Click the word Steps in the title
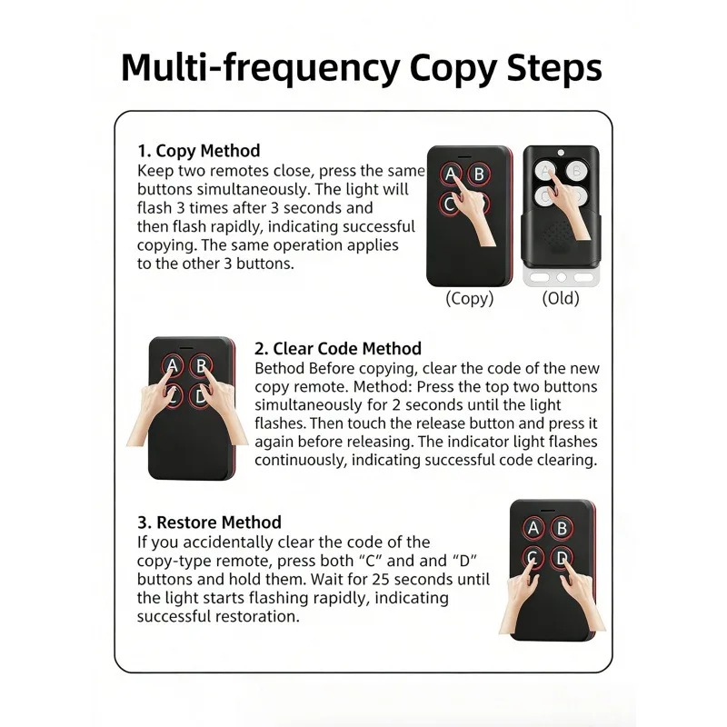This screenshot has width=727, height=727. tap(554, 69)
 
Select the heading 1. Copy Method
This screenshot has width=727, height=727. tap(198, 151)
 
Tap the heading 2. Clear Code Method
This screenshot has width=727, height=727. tap(338, 349)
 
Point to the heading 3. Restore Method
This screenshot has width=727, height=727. tap(209, 523)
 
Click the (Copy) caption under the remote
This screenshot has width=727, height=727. tap(470, 298)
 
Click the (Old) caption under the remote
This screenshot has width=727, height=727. tap(561, 298)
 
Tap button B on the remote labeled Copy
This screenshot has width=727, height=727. tap(479, 174)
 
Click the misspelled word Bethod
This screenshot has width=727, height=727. tap(280, 369)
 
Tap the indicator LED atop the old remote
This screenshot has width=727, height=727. tap(561, 152)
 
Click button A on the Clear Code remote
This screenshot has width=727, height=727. tap(173, 366)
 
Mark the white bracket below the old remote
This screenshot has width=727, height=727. tap(561, 277)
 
